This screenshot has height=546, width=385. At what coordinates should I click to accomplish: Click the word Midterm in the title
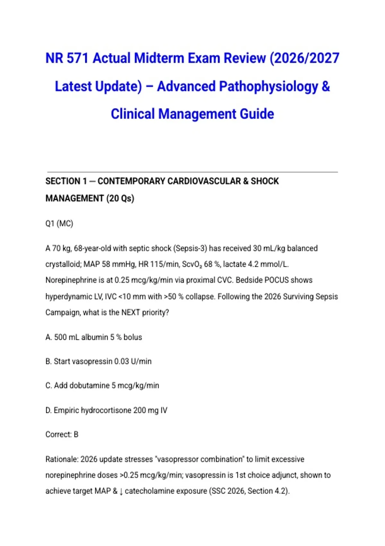pos(159,58)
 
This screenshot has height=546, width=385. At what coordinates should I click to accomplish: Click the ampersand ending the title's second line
pos(325,86)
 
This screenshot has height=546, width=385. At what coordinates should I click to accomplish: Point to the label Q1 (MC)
pos(59,224)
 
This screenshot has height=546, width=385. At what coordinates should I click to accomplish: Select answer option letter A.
pos(48,337)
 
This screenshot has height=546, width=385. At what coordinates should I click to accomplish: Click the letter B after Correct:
pos(76,435)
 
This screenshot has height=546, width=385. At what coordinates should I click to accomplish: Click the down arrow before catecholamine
pos(121,491)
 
